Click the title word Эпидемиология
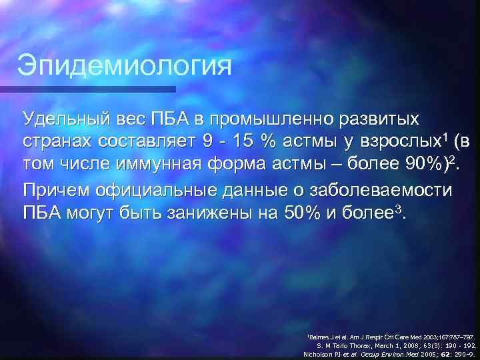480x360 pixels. point(125,66)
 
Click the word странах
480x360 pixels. point(58,141)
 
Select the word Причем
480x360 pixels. point(55,189)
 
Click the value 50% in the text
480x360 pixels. point(293,212)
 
